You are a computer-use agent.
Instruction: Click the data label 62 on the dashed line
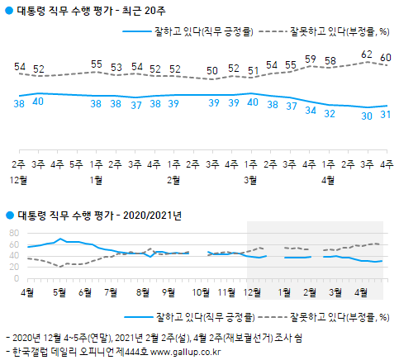[367, 54]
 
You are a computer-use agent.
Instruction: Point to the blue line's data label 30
[367, 116]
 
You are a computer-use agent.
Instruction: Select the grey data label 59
[310, 59]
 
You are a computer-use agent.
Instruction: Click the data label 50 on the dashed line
[213, 69]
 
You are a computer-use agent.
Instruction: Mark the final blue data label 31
[385, 114]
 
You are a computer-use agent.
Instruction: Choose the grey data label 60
[385, 57]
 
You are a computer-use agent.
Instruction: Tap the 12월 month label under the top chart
[18, 155]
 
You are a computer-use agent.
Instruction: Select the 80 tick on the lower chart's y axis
[13, 234]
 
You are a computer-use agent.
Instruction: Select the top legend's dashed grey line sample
[274, 31]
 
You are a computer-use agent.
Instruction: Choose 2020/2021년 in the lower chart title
[153, 216]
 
